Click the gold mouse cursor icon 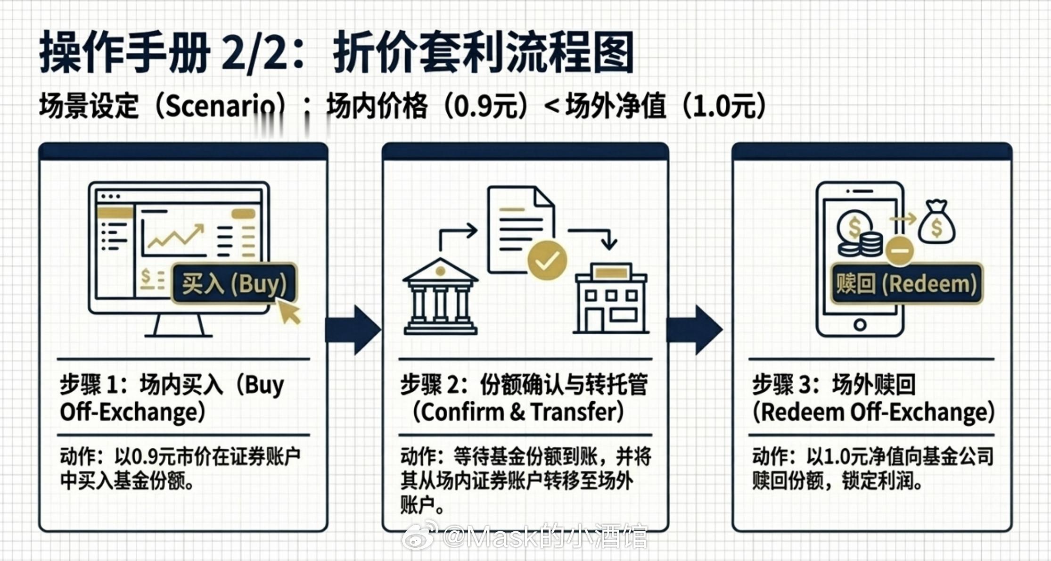point(289,312)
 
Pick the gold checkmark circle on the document point(547,260)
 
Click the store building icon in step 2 point(611,298)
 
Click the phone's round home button point(860,324)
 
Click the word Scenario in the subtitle point(220,107)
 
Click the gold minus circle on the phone point(899,250)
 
